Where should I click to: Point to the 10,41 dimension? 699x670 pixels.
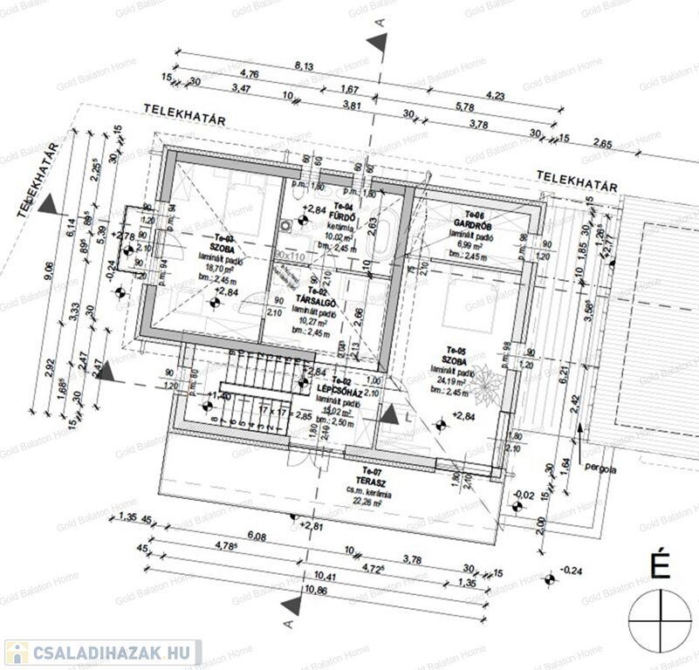click(x=303, y=577)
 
